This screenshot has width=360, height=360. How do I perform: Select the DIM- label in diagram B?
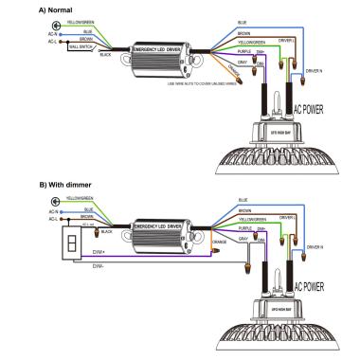(98, 267)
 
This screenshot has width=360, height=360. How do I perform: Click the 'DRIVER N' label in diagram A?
(314, 72)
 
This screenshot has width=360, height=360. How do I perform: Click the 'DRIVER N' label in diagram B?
(314, 248)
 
